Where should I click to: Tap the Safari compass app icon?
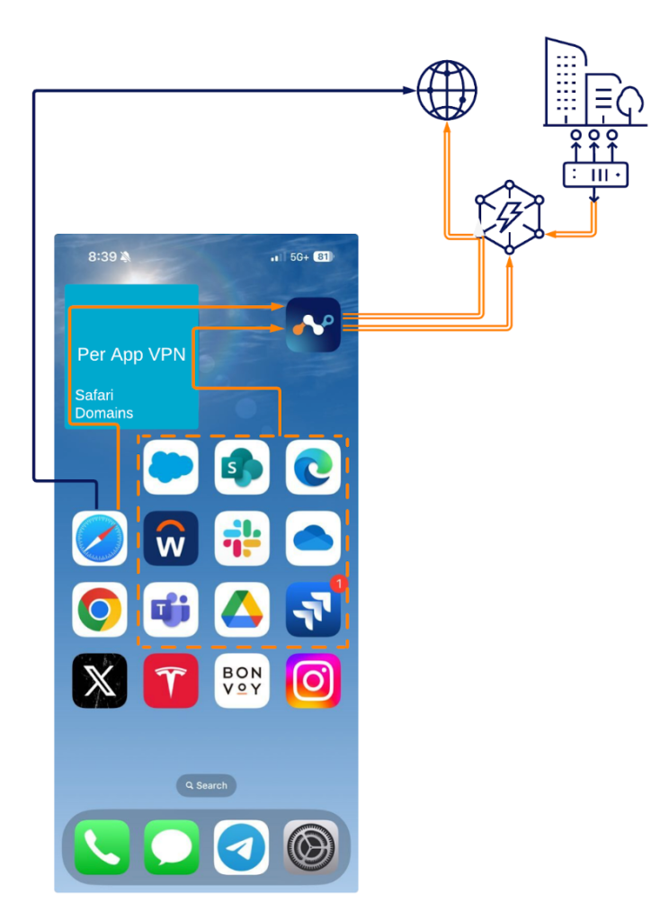pyautogui.click(x=99, y=538)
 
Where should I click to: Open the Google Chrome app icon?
pyautogui.click(x=99, y=610)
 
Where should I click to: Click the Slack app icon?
pyautogui.click(x=242, y=538)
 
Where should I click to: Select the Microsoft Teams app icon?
pyautogui.click(x=171, y=610)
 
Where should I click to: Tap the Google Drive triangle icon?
pyautogui.click(x=242, y=610)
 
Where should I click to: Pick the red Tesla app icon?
pyautogui.click(x=171, y=681)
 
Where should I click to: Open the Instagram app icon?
pyautogui.click(x=313, y=681)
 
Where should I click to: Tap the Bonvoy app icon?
pyautogui.click(x=242, y=681)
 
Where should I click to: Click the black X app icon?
pyautogui.click(x=99, y=681)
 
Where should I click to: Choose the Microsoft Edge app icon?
pyautogui.click(x=313, y=467)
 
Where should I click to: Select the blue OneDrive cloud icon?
pyautogui.click(x=313, y=538)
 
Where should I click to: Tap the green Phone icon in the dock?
pyautogui.click(x=102, y=847)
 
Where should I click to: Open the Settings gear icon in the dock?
pyautogui.click(x=311, y=847)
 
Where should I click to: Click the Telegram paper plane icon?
pyautogui.click(x=241, y=847)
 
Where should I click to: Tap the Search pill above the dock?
pyautogui.click(x=206, y=785)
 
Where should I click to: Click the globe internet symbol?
pyautogui.click(x=447, y=91)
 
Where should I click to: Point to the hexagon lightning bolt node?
pyautogui.click(x=509, y=218)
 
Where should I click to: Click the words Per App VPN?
pyautogui.click(x=131, y=354)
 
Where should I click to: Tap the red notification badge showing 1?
pyautogui.click(x=338, y=583)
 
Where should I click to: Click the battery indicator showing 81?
pyautogui.click(x=324, y=256)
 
